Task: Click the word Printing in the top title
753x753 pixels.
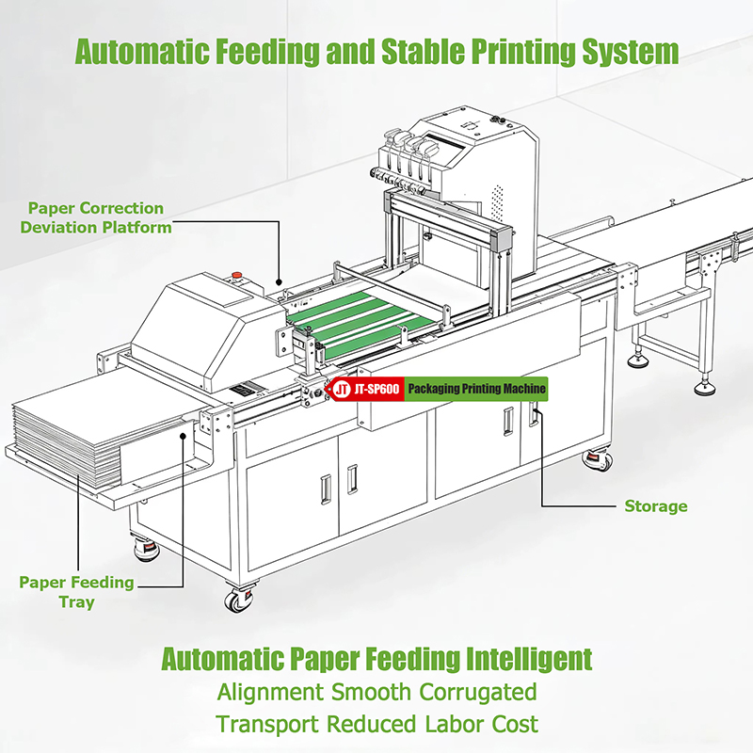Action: [519, 51]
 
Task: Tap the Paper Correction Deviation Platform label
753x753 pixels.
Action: [97, 217]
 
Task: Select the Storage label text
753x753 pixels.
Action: [655, 506]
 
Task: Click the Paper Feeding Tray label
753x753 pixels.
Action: [76, 592]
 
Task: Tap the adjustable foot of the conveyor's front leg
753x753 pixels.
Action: [705, 386]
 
